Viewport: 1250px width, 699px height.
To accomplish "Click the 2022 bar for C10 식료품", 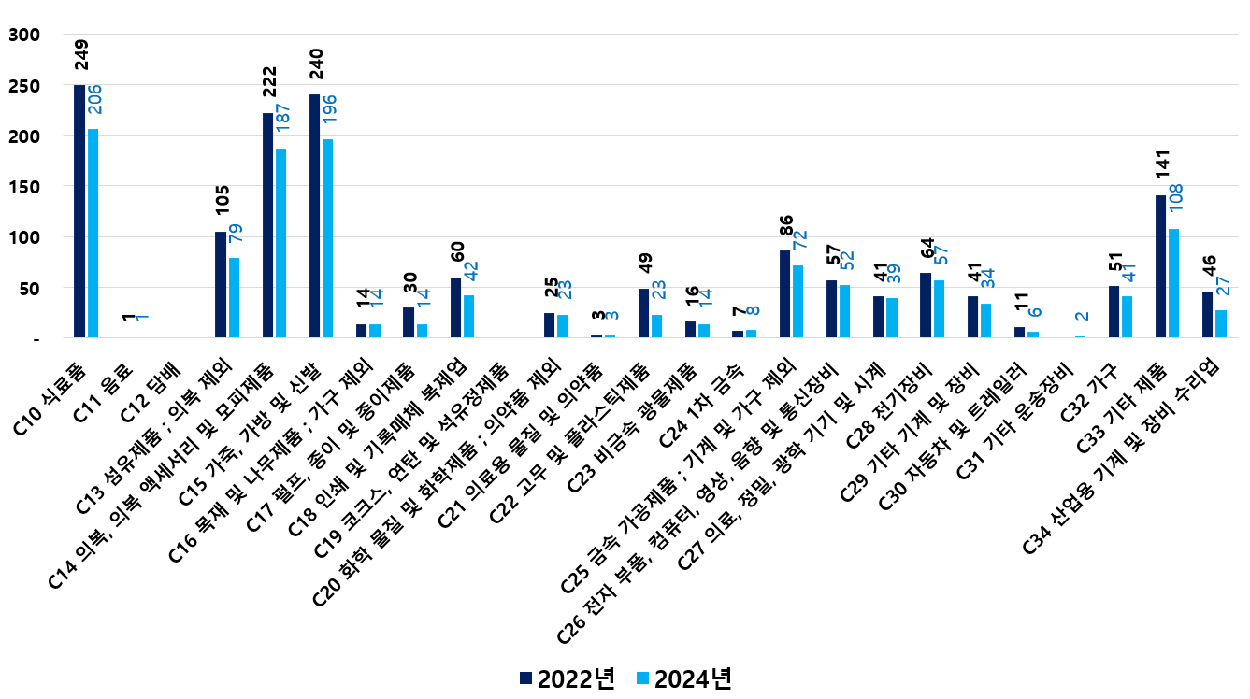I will click(x=79, y=211).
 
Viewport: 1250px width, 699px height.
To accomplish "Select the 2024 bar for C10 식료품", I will click(x=93, y=233).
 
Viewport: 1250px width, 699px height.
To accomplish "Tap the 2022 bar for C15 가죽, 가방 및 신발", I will click(x=314, y=216).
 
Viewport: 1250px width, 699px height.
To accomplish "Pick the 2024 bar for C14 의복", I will click(x=281, y=243).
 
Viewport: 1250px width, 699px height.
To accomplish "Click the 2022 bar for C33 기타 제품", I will click(x=1160, y=266).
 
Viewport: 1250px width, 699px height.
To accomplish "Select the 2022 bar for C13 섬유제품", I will click(x=221, y=285).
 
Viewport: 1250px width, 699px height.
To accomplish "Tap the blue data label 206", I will click(x=93, y=100).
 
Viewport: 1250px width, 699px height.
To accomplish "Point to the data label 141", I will click(x=1161, y=178).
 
